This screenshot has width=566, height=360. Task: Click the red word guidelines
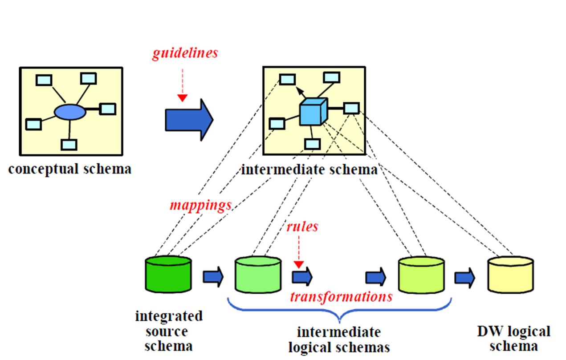[x=185, y=53]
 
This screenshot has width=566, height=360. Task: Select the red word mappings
[x=201, y=205]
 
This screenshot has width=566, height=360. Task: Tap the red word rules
[x=302, y=227]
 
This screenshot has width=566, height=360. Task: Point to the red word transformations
[x=341, y=296]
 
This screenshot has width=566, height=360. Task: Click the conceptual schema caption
[x=70, y=170]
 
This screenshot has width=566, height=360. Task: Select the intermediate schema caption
[x=309, y=170]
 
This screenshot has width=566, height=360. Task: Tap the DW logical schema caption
[x=513, y=339]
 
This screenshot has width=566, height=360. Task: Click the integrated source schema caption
[x=169, y=331]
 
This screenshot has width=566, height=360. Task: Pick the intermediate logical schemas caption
[x=339, y=340]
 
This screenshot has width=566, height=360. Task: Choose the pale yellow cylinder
[x=510, y=275]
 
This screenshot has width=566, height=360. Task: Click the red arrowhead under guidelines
[x=182, y=98]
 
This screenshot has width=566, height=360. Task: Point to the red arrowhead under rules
[x=299, y=265]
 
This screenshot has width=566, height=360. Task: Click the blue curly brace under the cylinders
[x=339, y=312]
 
